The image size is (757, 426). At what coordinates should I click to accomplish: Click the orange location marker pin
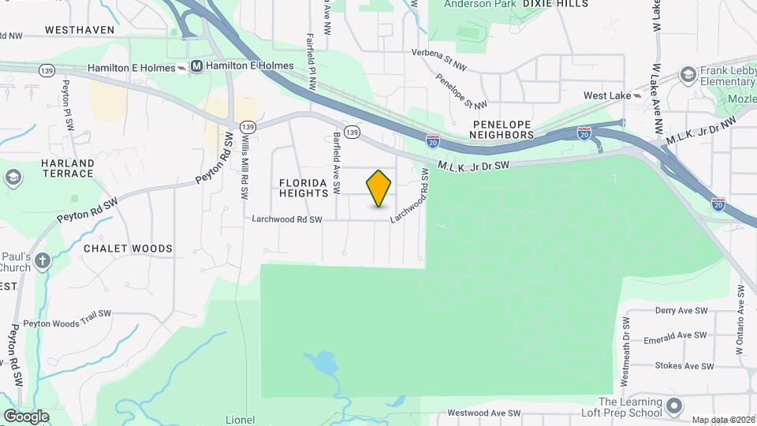379,188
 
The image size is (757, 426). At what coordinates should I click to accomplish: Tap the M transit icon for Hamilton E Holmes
196,68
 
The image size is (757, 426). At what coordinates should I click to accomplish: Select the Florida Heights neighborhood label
304,188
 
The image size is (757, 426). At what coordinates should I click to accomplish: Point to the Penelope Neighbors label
503,130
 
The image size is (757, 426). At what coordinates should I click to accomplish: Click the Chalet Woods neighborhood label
128,248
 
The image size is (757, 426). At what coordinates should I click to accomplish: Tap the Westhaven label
80,30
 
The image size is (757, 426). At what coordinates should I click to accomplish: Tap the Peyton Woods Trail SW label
67,323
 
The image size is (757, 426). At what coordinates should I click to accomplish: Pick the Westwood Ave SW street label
484,413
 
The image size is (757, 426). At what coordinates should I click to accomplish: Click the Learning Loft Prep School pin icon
673,406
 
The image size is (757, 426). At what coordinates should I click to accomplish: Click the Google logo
26,416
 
